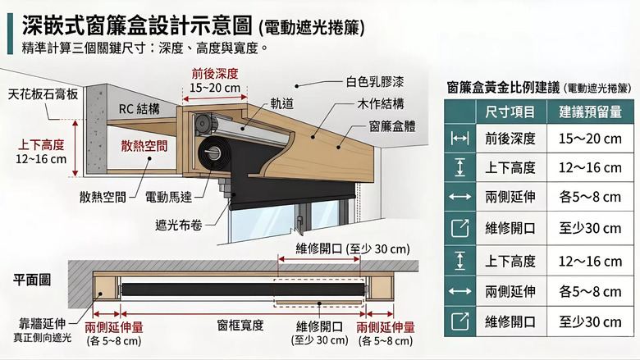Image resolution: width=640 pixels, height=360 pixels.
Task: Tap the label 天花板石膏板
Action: pos(43,94)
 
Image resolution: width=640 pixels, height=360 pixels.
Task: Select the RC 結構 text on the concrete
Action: pos(139,107)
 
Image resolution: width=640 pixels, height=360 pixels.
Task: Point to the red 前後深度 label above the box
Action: pos(215,73)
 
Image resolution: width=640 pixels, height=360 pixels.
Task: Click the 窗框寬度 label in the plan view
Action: pos(240,326)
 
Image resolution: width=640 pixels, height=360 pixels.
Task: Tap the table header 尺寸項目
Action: pos(510,112)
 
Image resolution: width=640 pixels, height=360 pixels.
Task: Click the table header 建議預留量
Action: pos(590,112)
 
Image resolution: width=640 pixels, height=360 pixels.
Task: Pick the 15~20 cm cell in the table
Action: pos(590,139)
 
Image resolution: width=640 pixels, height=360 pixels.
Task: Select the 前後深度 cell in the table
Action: pos(510,139)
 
